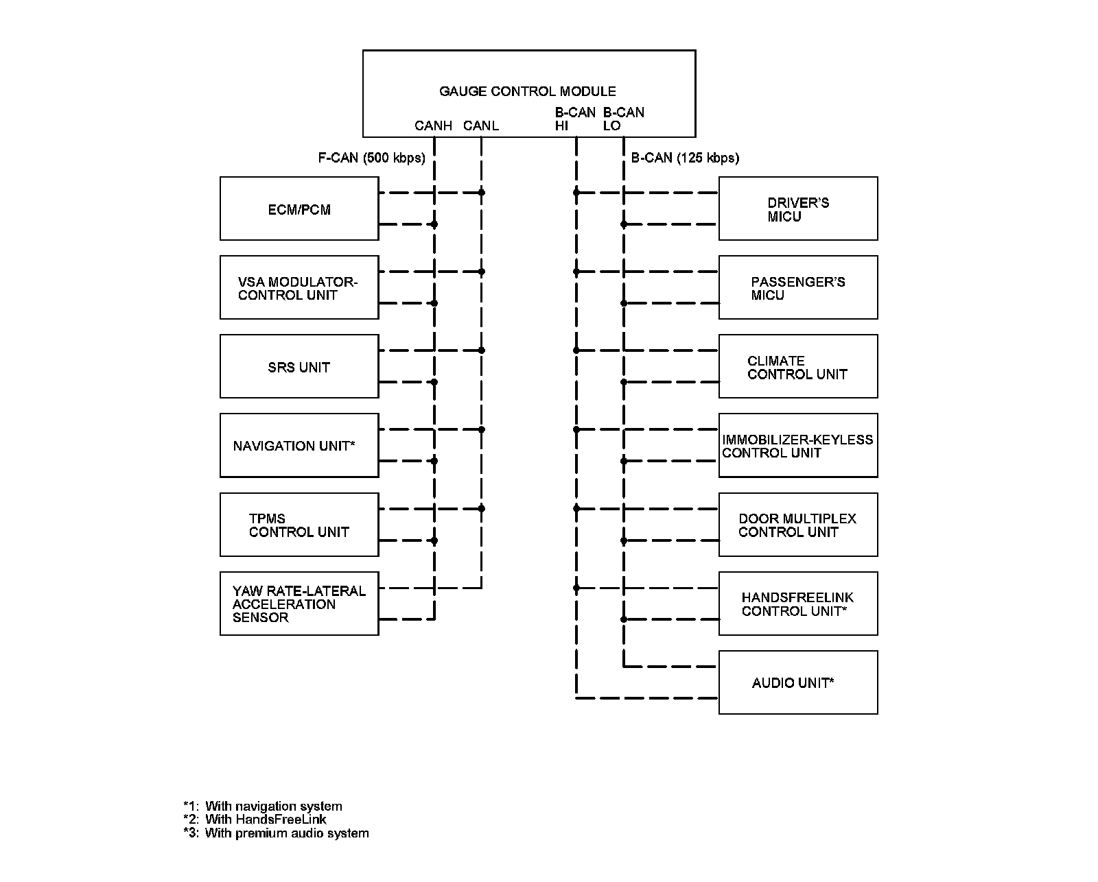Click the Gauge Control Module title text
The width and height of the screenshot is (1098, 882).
[527, 91]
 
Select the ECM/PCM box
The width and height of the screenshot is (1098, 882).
[299, 209]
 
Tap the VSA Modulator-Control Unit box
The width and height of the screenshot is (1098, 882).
[299, 288]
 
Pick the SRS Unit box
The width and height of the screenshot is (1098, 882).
[299, 367]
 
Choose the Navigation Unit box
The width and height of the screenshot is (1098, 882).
[299, 446]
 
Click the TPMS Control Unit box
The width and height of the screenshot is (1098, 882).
[299, 525]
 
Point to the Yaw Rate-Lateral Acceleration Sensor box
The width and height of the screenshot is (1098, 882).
[299, 604]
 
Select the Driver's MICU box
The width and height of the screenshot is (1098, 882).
[798, 209]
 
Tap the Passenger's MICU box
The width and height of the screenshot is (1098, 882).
[798, 288]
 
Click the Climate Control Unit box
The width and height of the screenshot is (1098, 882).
[798, 367]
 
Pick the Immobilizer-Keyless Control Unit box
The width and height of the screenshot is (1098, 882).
[798, 446]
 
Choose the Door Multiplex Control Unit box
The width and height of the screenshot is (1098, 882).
[798, 525]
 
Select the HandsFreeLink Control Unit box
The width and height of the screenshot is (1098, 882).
[798, 604]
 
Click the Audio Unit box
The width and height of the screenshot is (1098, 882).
[798, 682]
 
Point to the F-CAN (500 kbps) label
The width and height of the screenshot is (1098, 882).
[371, 158]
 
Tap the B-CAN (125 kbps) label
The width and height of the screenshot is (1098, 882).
[685, 158]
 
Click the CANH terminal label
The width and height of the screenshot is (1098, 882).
[433, 126]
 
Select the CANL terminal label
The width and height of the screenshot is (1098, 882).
[480, 126]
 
